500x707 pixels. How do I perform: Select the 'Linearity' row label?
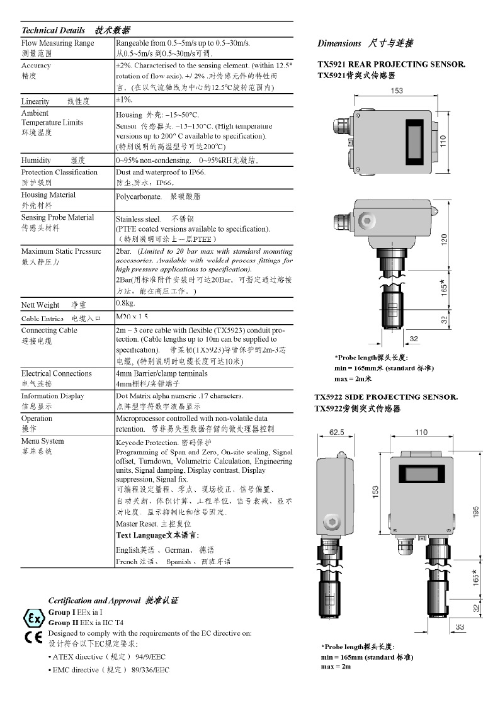(35, 101)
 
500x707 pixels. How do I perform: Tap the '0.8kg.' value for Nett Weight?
(126, 304)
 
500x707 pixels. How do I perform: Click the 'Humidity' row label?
(36, 161)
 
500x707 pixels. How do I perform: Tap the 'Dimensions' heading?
(339, 43)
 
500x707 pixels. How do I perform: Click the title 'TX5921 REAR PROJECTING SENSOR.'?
(391, 64)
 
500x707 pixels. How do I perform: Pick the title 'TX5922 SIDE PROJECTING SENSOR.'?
(386, 397)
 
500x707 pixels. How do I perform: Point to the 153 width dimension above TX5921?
(397, 91)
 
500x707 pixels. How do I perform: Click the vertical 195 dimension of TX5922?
(476, 513)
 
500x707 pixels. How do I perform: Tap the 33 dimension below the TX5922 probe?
(460, 627)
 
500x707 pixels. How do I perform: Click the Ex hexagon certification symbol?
(33, 617)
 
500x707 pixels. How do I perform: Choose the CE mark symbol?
(33, 636)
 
